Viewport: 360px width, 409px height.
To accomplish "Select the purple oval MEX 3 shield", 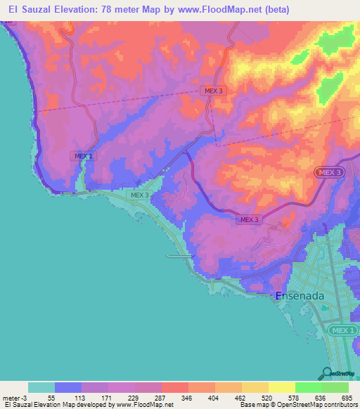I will click(x=327, y=172).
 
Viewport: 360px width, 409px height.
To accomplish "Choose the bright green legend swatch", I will click(x=309, y=387).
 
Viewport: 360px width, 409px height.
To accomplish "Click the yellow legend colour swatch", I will click(x=281, y=387).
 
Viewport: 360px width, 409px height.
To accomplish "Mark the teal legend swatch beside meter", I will click(x=41, y=387).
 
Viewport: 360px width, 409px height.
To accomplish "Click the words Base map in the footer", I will click(x=252, y=405).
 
